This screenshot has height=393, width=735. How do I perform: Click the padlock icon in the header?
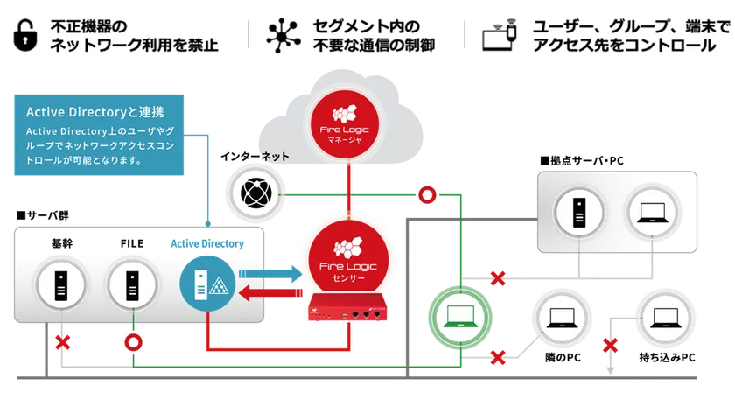[25, 35]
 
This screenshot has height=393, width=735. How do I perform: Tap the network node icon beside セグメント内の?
[283, 36]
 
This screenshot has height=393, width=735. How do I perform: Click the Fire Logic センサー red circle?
[348, 260]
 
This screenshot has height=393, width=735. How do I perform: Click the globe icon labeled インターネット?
[255, 193]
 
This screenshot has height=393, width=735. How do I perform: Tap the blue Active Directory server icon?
[207, 284]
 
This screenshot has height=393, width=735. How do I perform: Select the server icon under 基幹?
[61, 284]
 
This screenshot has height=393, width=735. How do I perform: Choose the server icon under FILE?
[132, 284]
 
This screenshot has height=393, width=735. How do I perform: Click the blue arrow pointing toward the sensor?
[270, 274]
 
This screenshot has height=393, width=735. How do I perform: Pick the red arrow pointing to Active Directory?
[270, 293]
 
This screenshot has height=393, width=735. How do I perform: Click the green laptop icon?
[460, 318]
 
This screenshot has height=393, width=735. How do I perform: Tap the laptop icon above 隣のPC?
[562, 319]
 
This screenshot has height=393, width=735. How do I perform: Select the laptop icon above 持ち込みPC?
[665, 319]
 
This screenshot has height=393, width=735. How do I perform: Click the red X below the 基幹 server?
[63, 342]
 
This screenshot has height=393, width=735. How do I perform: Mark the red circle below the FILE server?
[133, 343]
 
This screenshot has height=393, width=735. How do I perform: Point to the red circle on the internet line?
[427, 194]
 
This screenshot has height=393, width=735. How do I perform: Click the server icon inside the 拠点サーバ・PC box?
[579, 213]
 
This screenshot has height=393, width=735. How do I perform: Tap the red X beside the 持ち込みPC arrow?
[610, 346]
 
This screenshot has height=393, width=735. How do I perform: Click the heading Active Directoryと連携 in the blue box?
[95, 112]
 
